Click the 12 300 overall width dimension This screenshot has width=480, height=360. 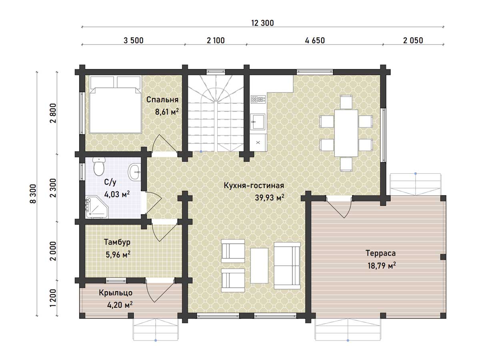262,23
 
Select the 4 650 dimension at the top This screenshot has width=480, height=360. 315,40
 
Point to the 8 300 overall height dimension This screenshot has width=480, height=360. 33,194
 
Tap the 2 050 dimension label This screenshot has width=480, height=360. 413,40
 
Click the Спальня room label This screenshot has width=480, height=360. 162,100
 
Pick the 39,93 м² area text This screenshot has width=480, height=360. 270,197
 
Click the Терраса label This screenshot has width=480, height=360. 381,253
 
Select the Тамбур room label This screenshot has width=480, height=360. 117,242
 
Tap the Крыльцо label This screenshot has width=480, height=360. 116,293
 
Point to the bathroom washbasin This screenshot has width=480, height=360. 134,172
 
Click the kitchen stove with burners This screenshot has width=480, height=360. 258,100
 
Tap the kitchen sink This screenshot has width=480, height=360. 258,121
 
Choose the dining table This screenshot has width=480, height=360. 346,133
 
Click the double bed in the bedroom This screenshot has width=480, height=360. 116,104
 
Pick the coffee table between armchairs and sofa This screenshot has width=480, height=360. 259,265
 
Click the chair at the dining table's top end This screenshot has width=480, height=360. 346,102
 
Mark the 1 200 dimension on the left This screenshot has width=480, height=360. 53,298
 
